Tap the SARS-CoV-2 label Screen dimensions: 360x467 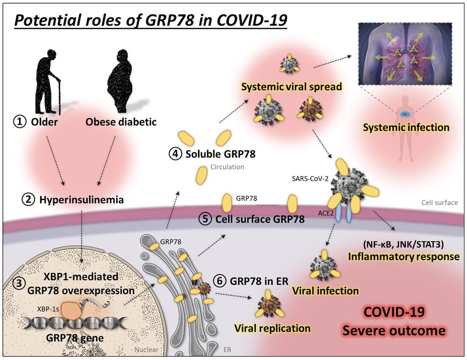pos(305,178)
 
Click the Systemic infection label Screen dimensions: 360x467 pos(406,127)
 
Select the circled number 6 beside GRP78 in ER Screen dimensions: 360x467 pos(219,281)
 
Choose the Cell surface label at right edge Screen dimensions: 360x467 pos(439,203)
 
